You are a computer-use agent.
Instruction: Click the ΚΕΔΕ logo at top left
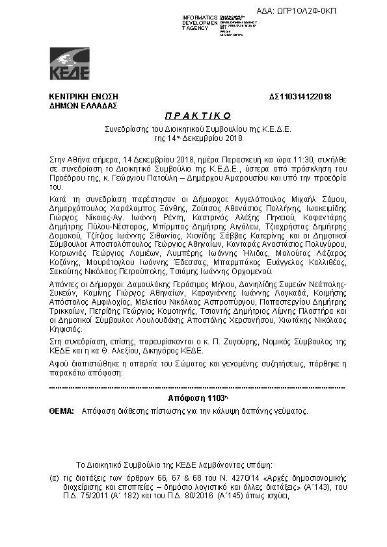click(70, 64)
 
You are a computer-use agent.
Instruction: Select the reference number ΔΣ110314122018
click(300, 97)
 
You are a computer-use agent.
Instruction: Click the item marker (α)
click(55, 477)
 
